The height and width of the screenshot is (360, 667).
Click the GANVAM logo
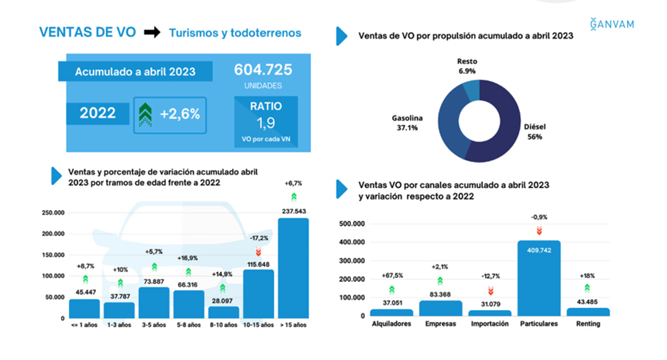coord(612,25)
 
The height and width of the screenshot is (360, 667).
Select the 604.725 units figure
coord(263,70)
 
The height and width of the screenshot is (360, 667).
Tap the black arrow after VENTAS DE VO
coord(153,33)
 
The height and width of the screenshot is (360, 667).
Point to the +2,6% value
coord(180,114)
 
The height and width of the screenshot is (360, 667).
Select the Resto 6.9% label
coord(467,65)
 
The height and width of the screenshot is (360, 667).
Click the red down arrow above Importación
coord(490,290)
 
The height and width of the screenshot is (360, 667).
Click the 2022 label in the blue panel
coord(98,113)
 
